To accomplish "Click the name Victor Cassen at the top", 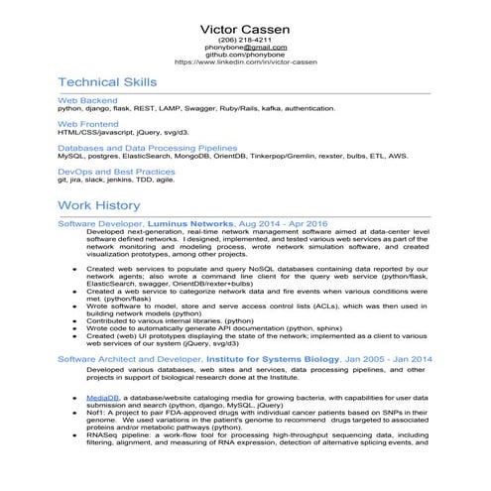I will [x=245, y=28].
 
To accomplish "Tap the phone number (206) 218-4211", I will [x=245, y=40].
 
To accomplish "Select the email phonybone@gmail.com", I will [x=245, y=47].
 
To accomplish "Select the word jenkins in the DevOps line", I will [x=119, y=180].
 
